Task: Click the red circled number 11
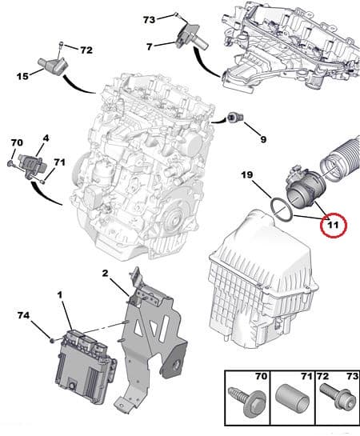coord(333,224)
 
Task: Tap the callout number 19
coord(247,175)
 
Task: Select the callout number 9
coord(263,139)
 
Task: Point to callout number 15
coord(22,76)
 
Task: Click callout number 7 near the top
coord(150,47)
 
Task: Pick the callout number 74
coord(24,315)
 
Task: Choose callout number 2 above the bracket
coord(105,274)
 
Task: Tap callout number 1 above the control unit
coord(60,294)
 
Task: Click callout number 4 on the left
coord(46,138)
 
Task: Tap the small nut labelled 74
coord(51,340)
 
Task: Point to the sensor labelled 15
coord(54,65)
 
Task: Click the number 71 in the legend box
coord(306,377)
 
